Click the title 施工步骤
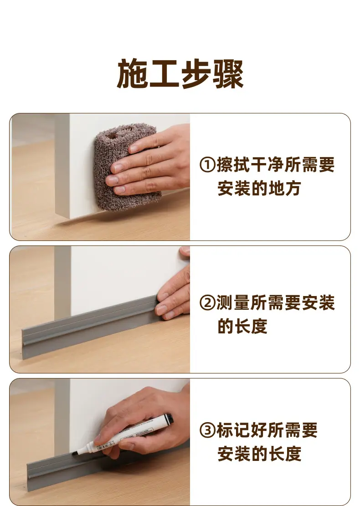[x=180, y=74]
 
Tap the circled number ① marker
[x=208, y=164]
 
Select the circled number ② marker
[x=208, y=303]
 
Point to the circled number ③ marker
[x=208, y=430]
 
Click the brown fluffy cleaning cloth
[x=127, y=166]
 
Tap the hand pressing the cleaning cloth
[x=150, y=161]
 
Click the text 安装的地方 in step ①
[x=259, y=189]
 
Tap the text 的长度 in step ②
[x=242, y=326]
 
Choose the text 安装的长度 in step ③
[x=259, y=454]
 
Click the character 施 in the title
[x=132, y=74]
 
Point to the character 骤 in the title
[x=228, y=74]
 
